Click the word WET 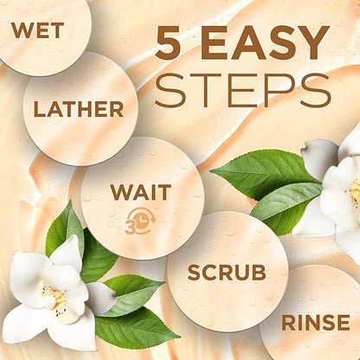coord(37,30)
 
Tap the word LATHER coord(79,109)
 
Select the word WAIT coord(141,192)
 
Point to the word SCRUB coord(227,273)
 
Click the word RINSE coord(316,323)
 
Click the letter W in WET coord(22,30)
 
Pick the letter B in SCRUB coord(259,273)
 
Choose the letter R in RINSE coord(287,323)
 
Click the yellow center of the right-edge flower coord(356,190)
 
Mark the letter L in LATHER coord(39,109)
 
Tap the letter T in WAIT coord(164,192)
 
